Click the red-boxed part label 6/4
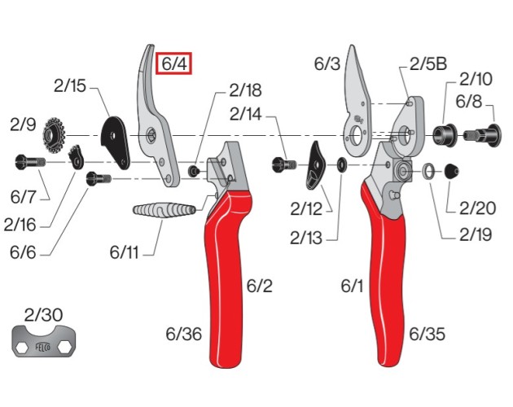pos(173,63)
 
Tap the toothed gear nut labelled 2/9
pos(54,135)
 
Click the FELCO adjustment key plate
pos(44,341)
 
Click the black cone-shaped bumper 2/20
pos(451,171)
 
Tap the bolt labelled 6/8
pos(482,135)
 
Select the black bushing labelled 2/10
pos(445,135)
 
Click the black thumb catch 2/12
pos(315,166)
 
